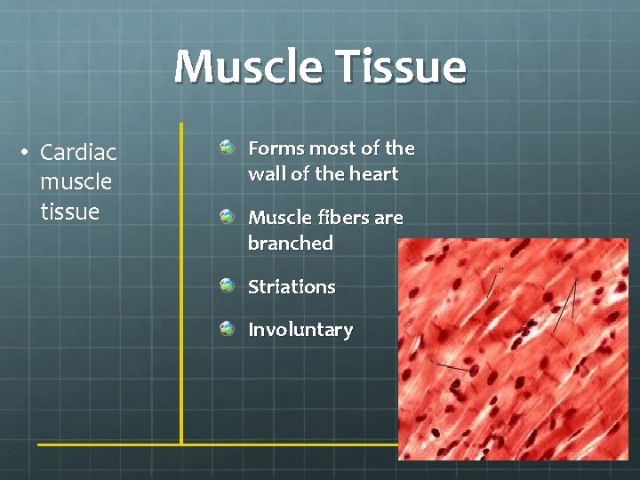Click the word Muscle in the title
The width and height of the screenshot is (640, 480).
pyautogui.click(x=249, y=67)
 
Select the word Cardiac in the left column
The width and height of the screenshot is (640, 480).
pyautogui.click(x=78, y=152)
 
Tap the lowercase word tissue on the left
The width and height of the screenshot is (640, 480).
pyautogui.click(x=69, y=212)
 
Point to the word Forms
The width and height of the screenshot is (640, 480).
pyautogui.click(x=276, y=148)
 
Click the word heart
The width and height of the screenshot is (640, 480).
pyautogui.click(x=372, y=174)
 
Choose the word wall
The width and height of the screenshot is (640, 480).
pyautogui.click(x=266, y=174)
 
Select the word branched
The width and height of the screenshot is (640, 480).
pyautogui.click(x=291, y=244)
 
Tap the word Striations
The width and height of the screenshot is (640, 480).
pyautogui.click(x=292, y=287)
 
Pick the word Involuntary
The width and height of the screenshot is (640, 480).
pyautogui.click(x=300, y=330)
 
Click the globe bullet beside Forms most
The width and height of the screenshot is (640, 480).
pyautogui.click(x=228, y=146)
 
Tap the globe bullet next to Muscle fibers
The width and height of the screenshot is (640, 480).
pyautogui.click(x=228, y=215)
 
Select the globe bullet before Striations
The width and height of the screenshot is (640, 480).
pyautogui.click(x=228, y=285)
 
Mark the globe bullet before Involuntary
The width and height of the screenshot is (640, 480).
pyautogui.click(x=228, y=328)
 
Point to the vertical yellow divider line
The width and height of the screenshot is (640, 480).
pyautogui.click(x=181, y=284)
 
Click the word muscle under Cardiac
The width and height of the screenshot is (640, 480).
pyautogui.click(x=76, y=182)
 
